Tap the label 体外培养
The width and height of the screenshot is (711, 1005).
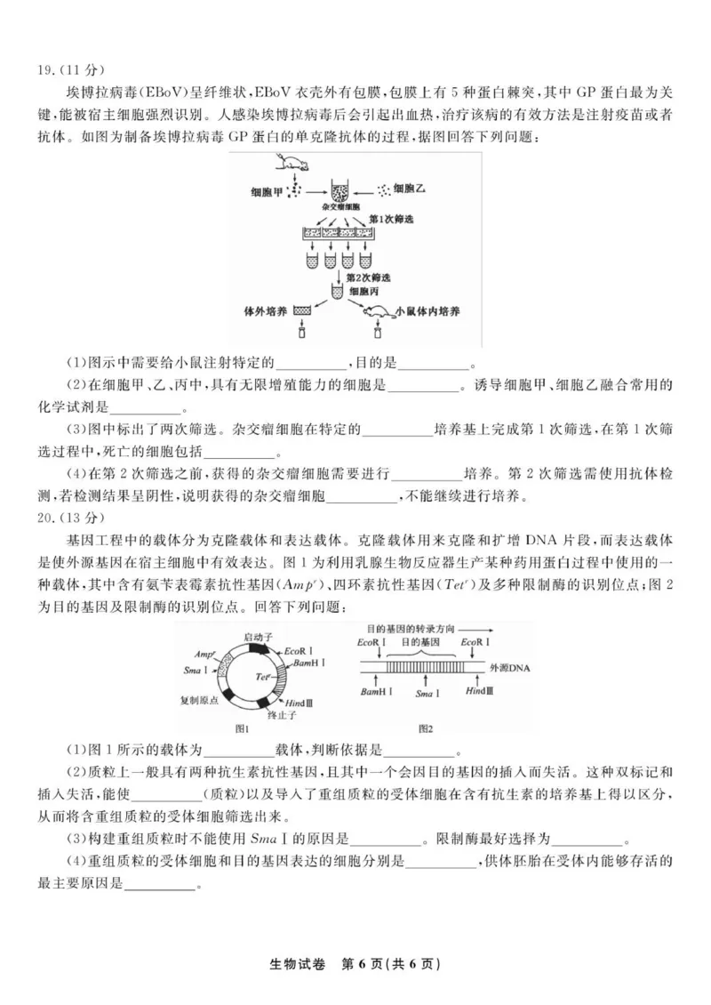265,312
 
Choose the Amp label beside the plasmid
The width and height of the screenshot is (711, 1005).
207,650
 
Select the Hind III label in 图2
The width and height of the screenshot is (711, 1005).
478,691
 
